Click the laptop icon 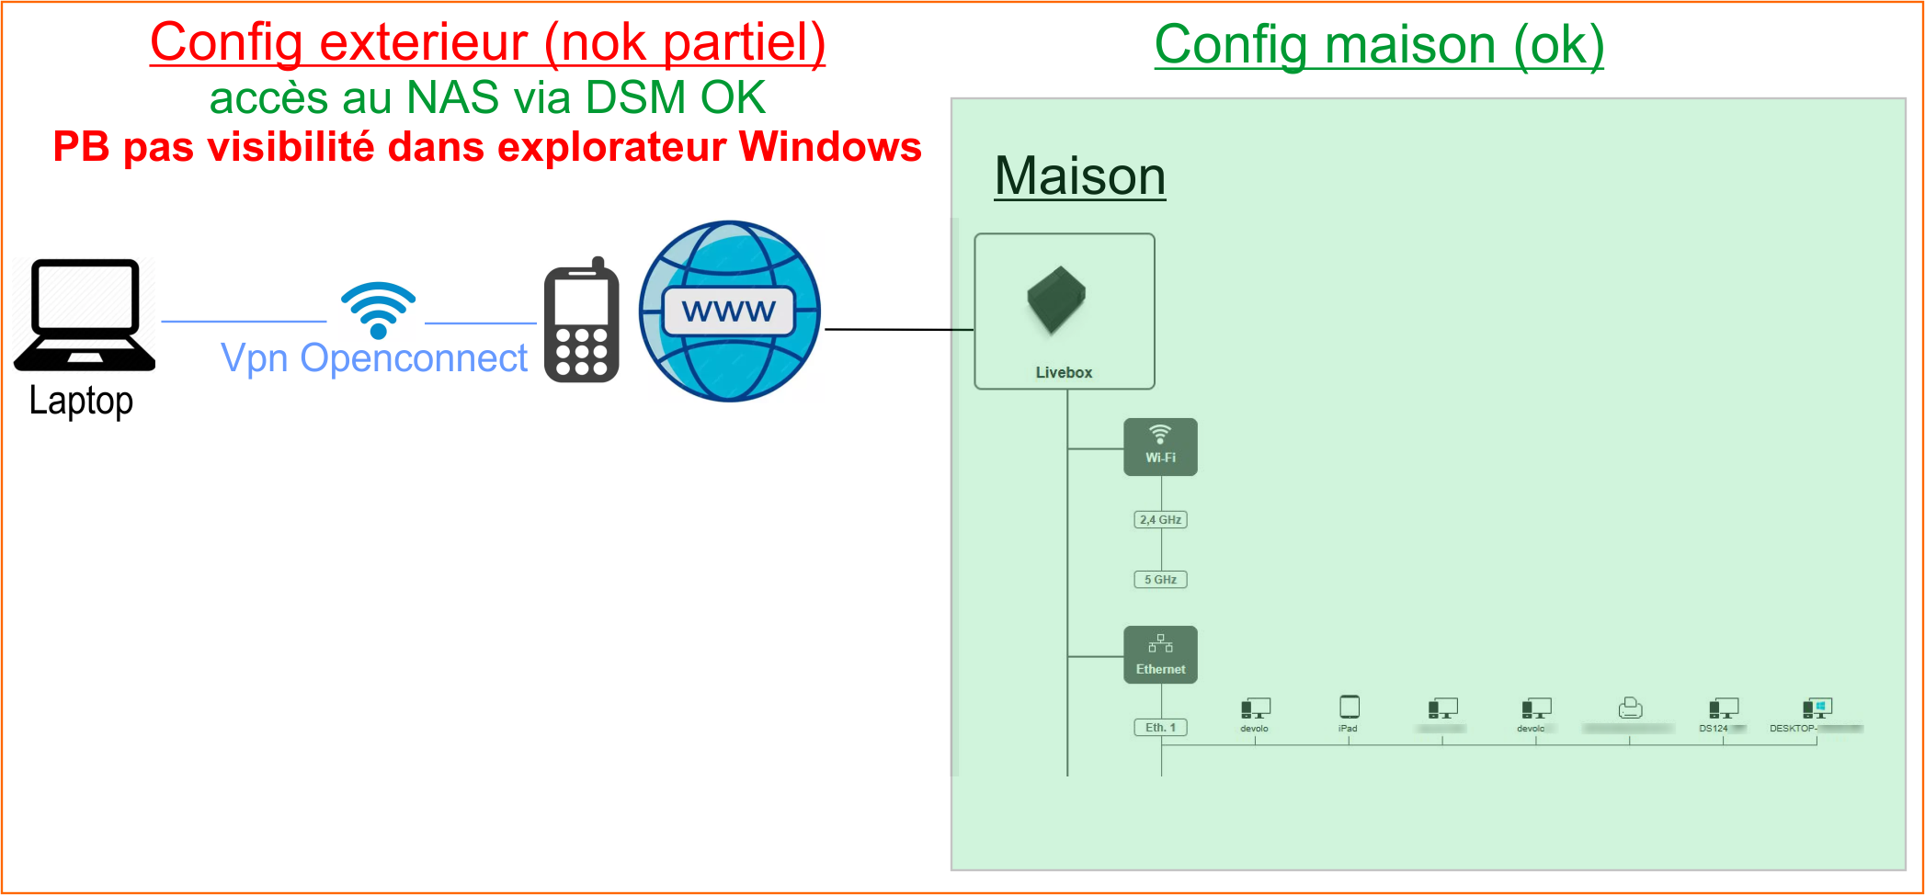coord(85,314)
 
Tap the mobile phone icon coord(581,322)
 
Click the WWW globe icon coord(729,312)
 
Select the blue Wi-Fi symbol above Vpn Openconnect coord(378,309)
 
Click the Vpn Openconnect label coord(374,358)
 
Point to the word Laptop coord(81,401)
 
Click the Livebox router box coord(1064,311)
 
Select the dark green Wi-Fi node coord(1160,447)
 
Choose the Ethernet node coord(1160,654)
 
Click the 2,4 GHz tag coord(1160,520)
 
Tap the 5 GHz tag coord(1160,580)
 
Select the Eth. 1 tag coord(1160,728)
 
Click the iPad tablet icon coord(1349,707)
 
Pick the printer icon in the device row coord(1630,708)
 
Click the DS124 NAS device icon coord(1723,708)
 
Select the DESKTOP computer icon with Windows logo coord(1817,708)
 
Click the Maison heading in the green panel coord(1079,176)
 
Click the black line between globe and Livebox coord(898,329)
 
